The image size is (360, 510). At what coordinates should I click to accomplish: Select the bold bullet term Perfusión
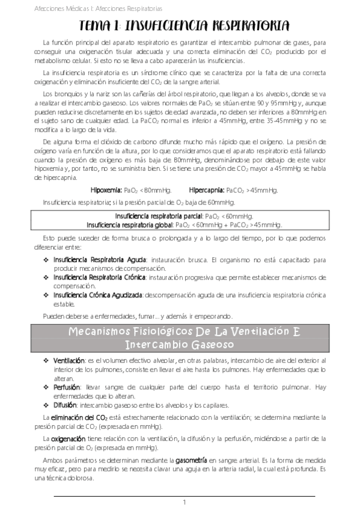point(67,387)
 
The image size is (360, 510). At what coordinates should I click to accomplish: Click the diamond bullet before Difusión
point(47,405)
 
